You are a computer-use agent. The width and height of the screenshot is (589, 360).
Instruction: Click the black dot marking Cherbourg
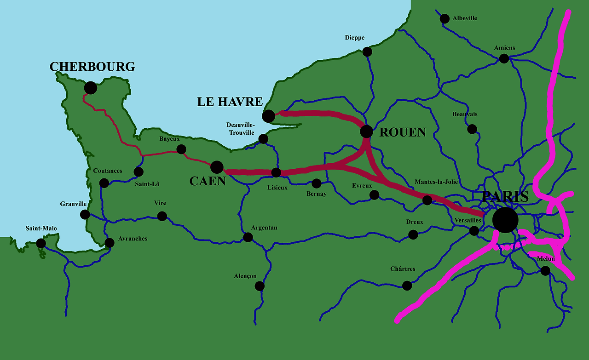[x=91, y=88]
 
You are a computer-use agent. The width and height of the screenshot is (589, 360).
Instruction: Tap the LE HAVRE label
[x=230, y=102]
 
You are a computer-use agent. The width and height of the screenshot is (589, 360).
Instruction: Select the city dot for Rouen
[x=366, y=131]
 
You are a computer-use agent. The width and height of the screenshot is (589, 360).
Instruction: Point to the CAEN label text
[x=208, y=181]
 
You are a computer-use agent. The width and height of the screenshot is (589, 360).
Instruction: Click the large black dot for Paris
[x=505, y=220]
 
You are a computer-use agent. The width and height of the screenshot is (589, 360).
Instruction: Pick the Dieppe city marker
[x=367, y=51]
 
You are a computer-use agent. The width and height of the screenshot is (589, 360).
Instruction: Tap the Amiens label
[x=504, y=48]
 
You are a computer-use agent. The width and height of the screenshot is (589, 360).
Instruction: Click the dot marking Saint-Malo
[x=41, y=243]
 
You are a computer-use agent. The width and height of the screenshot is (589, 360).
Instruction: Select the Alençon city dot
[x=260, y=286]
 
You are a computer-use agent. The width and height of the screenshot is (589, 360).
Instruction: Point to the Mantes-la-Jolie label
[x=436, y=182]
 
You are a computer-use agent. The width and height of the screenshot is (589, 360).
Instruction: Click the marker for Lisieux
[x=276, y=172]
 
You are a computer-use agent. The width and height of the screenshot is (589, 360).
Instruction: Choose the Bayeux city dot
[x=181, y=149]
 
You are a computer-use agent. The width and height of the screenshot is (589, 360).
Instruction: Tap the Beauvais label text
[x=465, y=114]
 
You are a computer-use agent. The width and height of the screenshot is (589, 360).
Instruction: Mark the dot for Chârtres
[x=407, y=286]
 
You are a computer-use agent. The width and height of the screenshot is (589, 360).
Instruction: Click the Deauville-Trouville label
[x=240, y=129]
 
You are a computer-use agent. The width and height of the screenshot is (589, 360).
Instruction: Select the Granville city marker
[x=85, y=214]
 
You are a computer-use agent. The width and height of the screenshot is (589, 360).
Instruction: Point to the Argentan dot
[x=248, y=237]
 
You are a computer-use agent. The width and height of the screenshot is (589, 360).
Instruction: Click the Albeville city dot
[x=445, y=19]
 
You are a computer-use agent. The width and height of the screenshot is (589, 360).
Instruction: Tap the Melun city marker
[x=545, y=271]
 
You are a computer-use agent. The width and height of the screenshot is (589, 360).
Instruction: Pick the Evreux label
[x=362, y=186]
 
